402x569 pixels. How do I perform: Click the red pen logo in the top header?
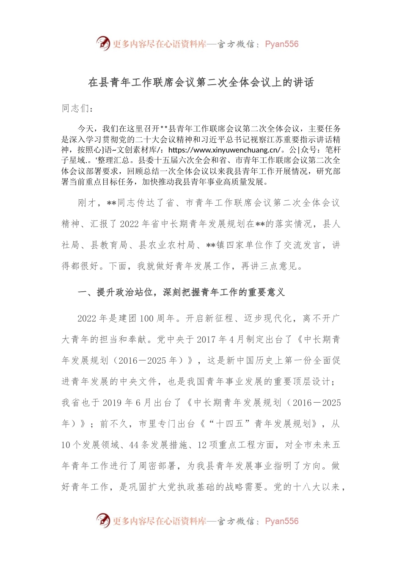point(103,43)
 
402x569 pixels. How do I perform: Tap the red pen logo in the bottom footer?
point(103,520)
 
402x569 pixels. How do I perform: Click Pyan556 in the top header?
point(282,44)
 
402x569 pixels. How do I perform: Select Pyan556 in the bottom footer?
point(282,521)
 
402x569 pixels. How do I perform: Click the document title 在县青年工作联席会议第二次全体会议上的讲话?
point(201,82)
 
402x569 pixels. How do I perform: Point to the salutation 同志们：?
point(77,108)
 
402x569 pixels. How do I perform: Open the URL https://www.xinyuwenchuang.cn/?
point(225,150)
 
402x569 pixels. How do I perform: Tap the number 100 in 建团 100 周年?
point(146,318)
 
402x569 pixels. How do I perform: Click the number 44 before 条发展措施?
point(134,445)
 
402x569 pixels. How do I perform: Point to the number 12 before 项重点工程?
point(202,445)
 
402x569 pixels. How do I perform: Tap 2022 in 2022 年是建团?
point(87,318)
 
